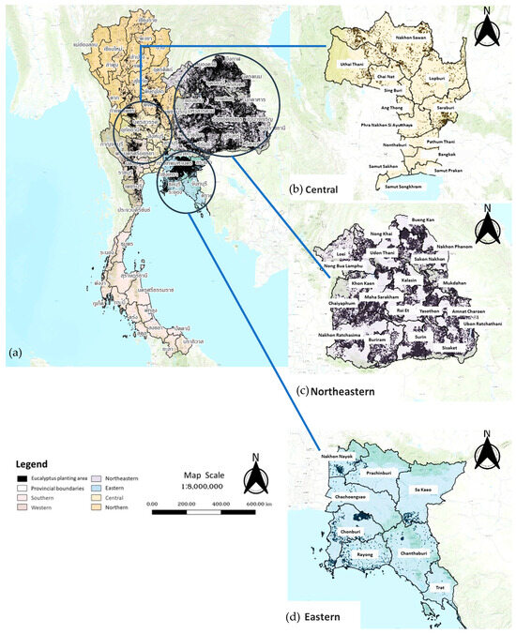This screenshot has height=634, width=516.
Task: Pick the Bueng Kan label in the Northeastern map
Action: [409, 217]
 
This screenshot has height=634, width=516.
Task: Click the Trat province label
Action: [440, 587]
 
